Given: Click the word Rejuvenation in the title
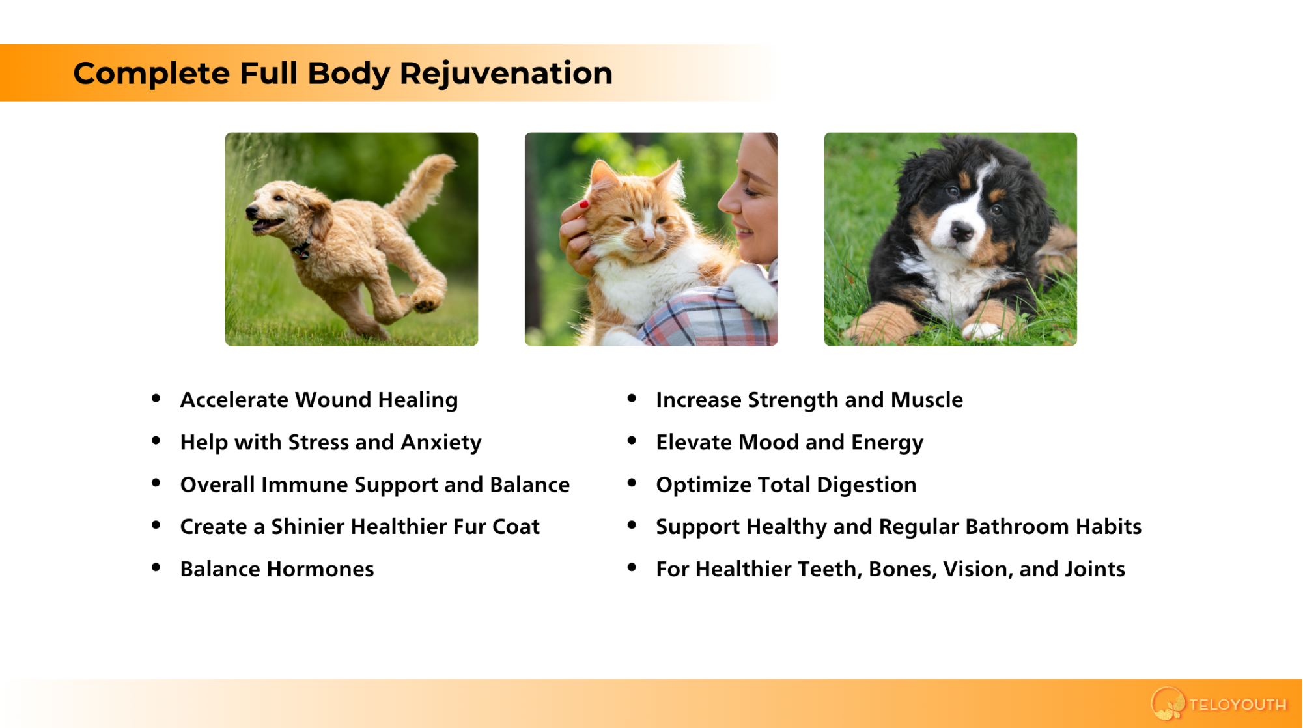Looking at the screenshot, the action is pos(506,74).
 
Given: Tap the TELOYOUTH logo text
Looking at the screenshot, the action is pos(1238,705).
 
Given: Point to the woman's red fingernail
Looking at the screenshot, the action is pos(584,204).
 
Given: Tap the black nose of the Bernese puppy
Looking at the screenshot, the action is pos(961,230).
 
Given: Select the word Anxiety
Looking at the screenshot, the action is pos(441,443).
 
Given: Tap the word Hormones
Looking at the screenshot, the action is pos(320,570).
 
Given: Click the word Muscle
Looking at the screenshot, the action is pos(927,400).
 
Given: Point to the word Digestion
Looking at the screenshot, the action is pos(866,485).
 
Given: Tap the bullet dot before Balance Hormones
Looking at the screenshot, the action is pos(156,568).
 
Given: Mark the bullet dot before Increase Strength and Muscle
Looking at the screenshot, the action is pos(632,399).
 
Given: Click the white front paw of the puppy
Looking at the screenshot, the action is pos(983,331).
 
